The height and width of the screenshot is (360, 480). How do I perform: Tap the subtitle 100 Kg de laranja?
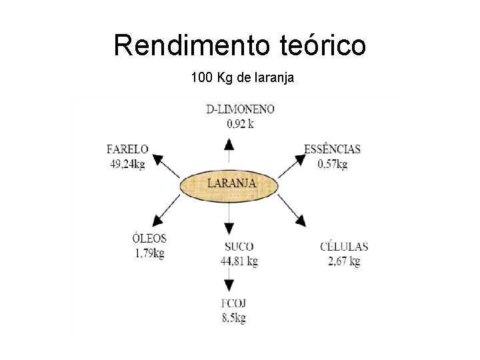242,79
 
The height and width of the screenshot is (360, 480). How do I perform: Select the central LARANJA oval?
230,183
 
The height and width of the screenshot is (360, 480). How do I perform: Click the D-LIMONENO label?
231,109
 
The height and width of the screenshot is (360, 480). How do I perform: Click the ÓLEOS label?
149,239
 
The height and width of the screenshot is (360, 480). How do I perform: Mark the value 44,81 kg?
239,261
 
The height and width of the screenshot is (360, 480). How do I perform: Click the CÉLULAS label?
343,247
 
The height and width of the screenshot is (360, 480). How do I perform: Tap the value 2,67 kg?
343,261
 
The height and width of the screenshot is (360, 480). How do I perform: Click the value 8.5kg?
234,318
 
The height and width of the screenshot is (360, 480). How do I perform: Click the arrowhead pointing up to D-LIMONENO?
229,144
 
